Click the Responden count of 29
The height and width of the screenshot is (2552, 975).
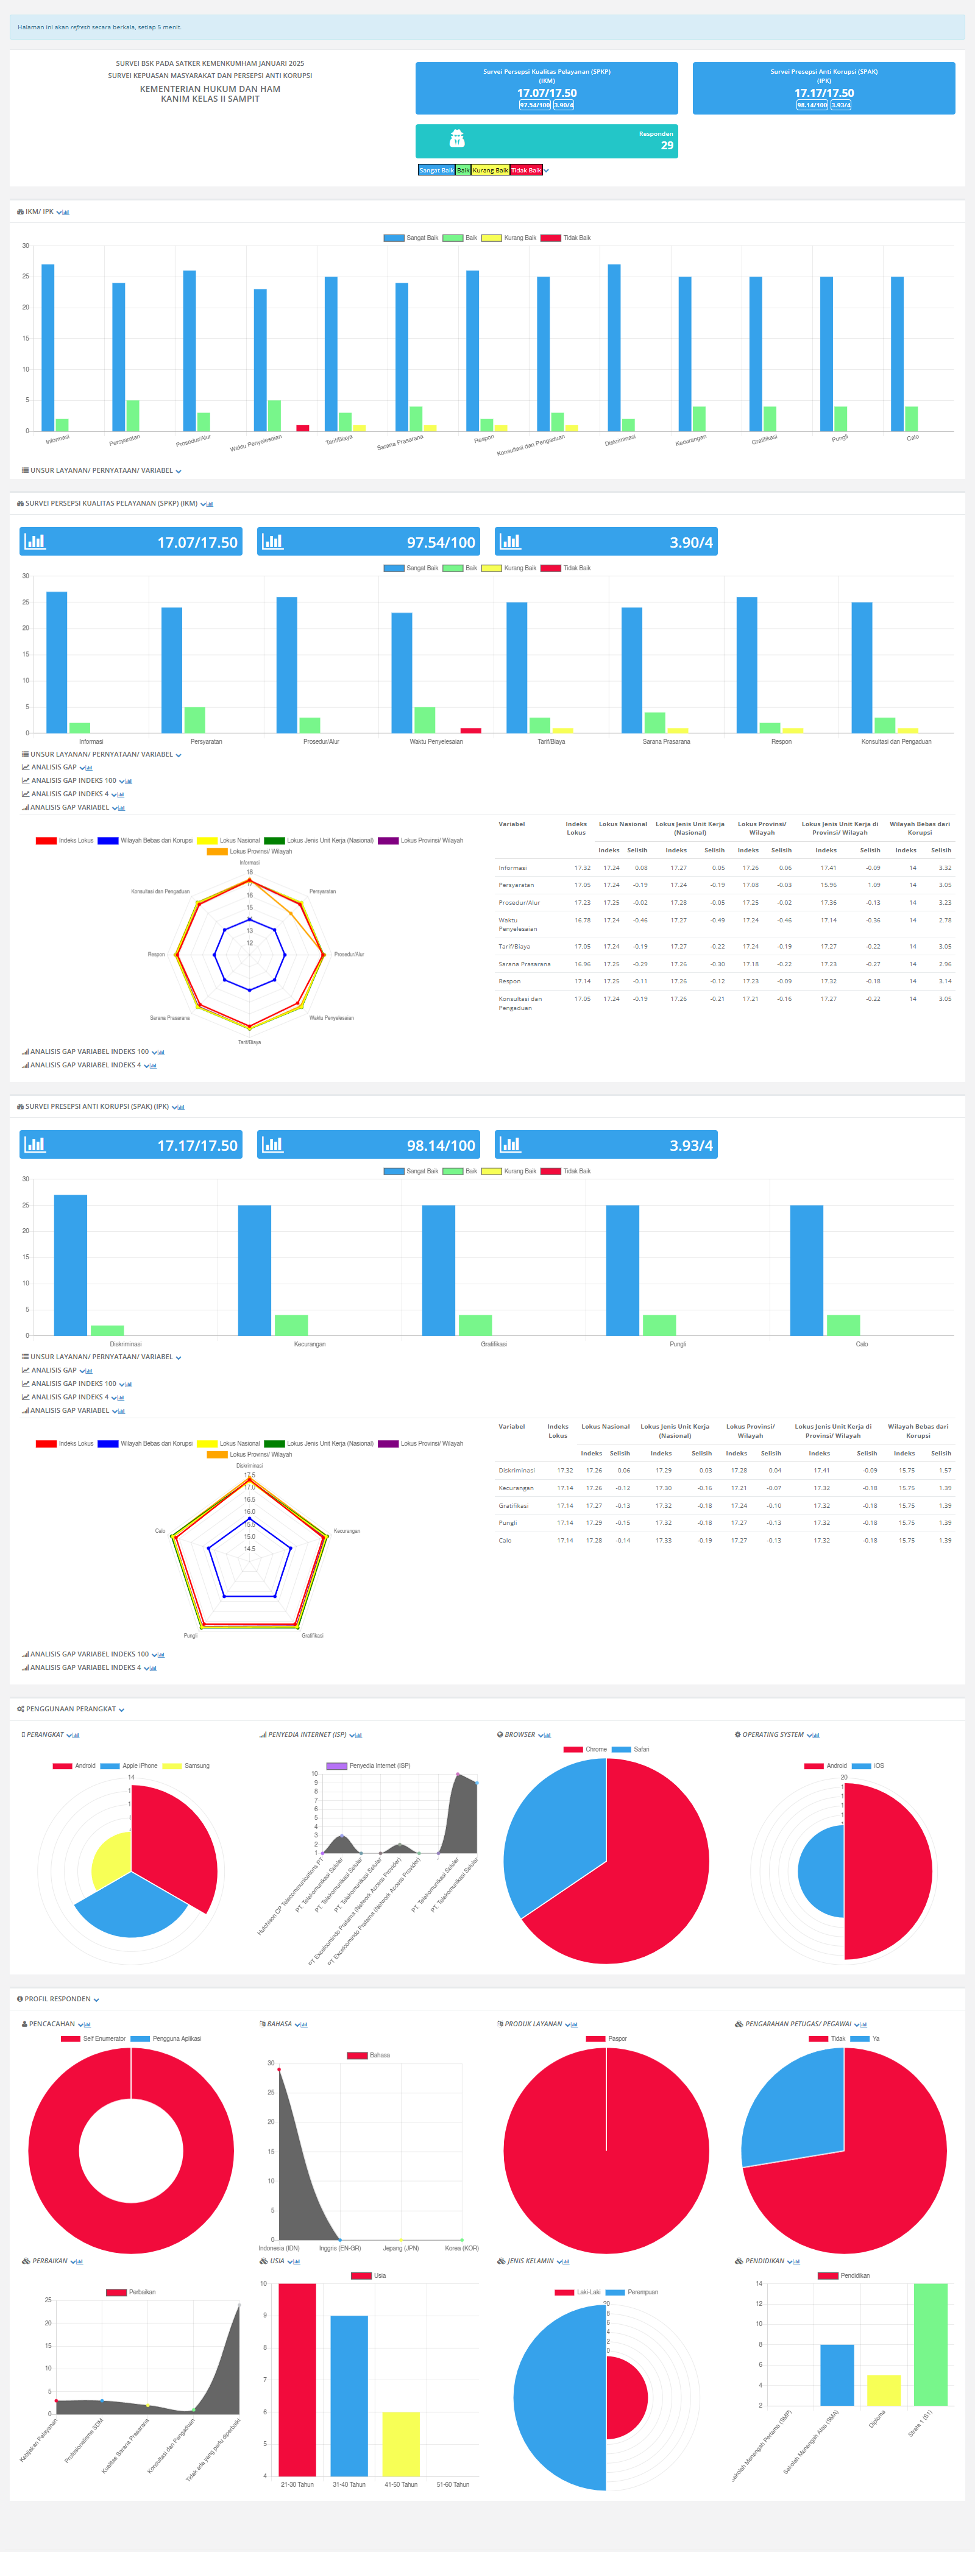pyautogui.click(x=667, y=146)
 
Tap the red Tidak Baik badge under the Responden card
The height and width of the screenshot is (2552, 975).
pyautogui.click(x=526, y=171)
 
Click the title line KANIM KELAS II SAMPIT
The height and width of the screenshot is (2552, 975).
pyautogui.click(x=210, y=99)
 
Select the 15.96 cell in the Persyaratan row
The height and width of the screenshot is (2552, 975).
pyautogui.click(x=828, y=885)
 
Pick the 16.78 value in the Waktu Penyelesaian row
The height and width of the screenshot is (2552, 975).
pyautogui.click(x=581, y=921)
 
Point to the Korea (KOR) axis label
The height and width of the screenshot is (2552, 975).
pyautogui.click(x=462, y=2248)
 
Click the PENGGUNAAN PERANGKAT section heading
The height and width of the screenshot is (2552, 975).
pyautogui.click(x=70, y=1709)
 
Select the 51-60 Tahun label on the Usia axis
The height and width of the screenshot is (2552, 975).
pyautogui.click(x=453, y=2484)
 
